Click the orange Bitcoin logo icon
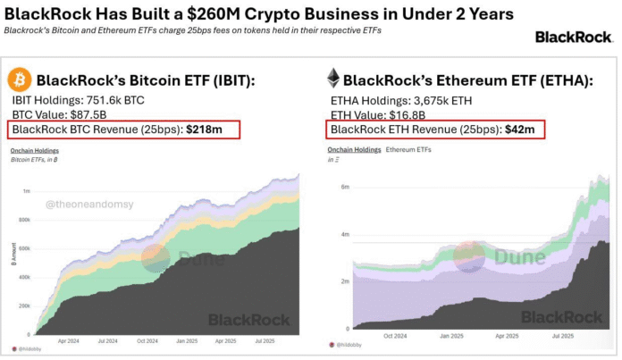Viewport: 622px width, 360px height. pyautogui.click(x=19, y=80)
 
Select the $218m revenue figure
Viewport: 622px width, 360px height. pyautogui.click(x=204, y=130)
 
